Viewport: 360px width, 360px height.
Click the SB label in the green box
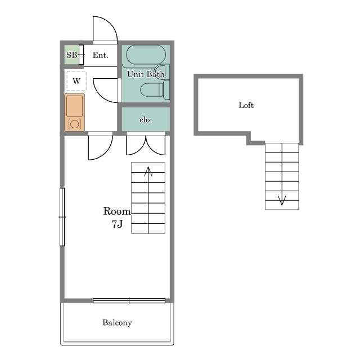point(71,55)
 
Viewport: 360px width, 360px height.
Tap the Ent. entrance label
point(100,55)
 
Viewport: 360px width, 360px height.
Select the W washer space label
point(76,81)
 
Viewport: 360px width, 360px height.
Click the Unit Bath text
point(146,74)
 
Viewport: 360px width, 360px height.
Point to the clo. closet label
point(146,120)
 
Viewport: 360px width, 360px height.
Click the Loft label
point(246,105)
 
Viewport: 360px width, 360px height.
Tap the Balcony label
point(117,322)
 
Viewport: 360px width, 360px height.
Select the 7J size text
point(117,224)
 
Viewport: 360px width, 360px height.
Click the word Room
point(117,211)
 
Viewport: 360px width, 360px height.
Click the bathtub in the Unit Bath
point(146,55)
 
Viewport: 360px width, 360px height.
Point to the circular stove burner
point(75,124)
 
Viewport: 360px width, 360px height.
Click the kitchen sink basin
point(75,106)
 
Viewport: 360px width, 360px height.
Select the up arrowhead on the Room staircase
point(148,171)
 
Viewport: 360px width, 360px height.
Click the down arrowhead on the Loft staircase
point(282,200)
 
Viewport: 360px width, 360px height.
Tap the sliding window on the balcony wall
point(129,300)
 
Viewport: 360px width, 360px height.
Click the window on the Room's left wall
point(62,217)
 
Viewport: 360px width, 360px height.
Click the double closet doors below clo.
point(146,145)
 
